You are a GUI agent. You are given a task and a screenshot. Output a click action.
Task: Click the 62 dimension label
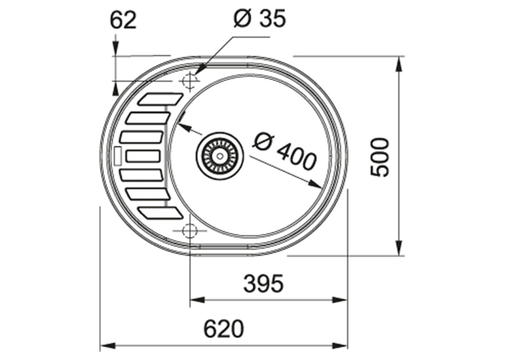coord(123,20)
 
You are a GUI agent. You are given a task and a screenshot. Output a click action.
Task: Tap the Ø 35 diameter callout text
coord(260,18)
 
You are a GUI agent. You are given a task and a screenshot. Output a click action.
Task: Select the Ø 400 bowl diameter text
coord(284,151)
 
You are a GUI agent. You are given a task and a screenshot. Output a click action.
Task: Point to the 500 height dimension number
coord(380,157)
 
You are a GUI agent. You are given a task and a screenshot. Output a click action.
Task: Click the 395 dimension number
coord(264,283)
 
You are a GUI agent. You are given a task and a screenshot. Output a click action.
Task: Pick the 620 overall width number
coord(223,329)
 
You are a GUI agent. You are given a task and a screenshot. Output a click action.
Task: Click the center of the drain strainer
coord(220,156)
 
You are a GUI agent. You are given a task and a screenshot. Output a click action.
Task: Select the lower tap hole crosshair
coord(190,231)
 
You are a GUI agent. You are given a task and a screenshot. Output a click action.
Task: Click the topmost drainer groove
coord(161,99)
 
